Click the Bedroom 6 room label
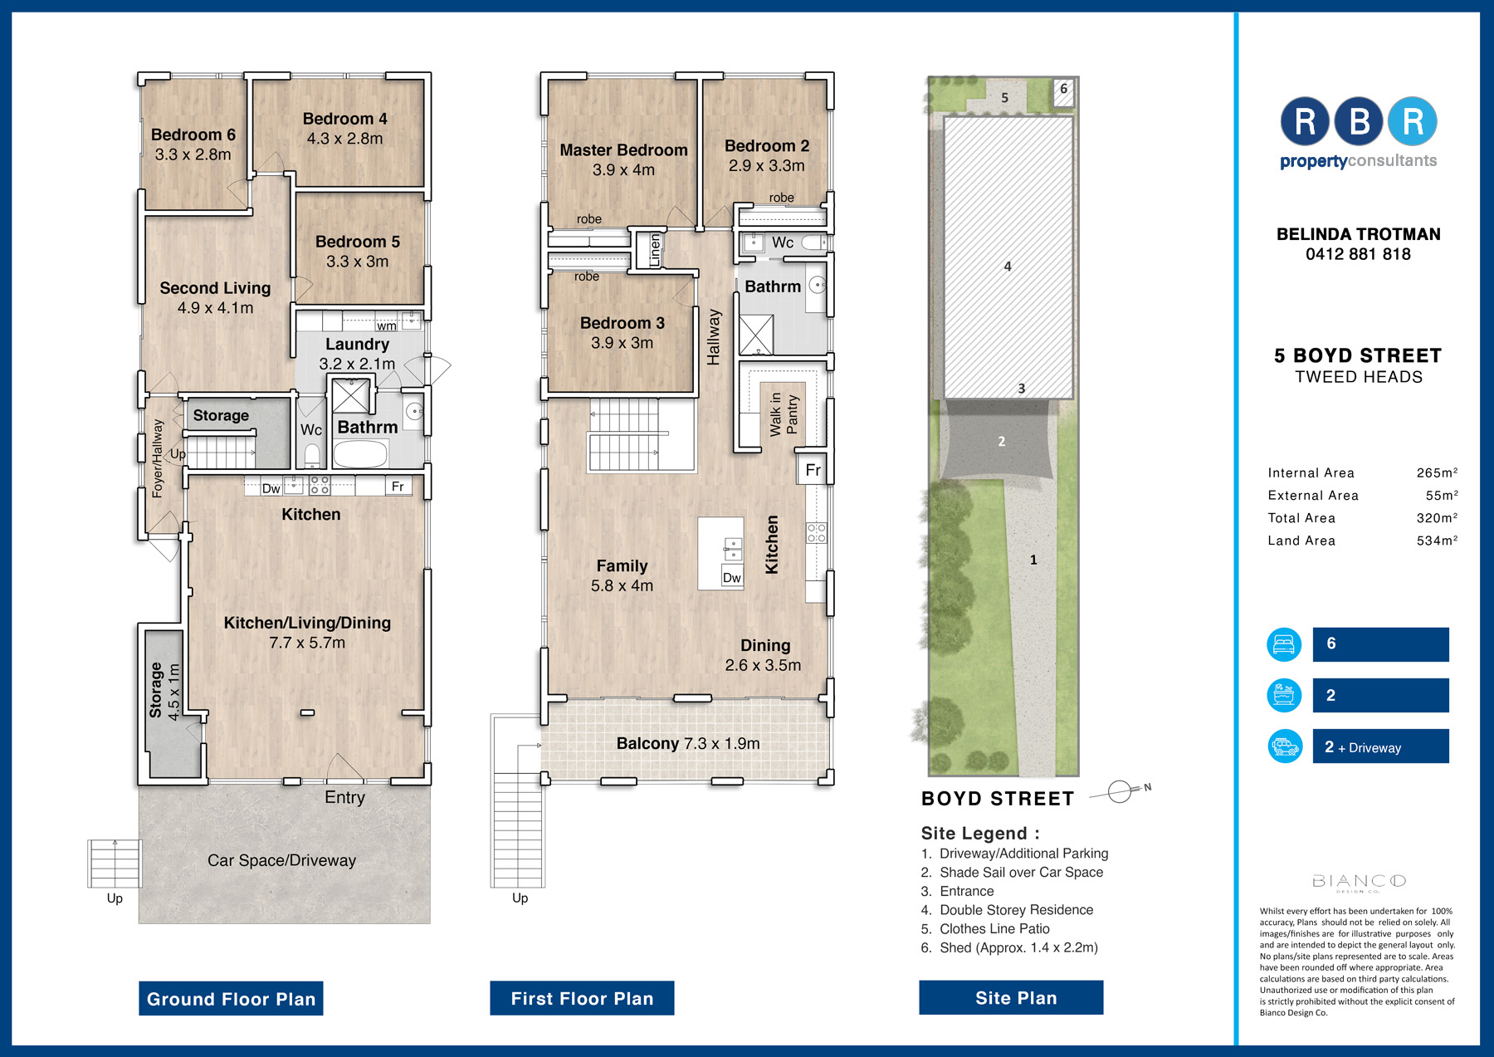[x=193, y=135]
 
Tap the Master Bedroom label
[x=623, y=150]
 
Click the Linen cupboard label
[x=654, y=250]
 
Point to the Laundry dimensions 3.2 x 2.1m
[x=357, y=364]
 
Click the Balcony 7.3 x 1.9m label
[x=688, y=743]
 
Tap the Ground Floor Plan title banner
[x=231, y=999]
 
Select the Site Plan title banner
[x=1011, y=997]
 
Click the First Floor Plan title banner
[x=582, y=998]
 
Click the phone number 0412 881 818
[x=1358, y=254]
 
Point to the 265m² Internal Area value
[x=1437, y=472]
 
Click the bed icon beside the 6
[x=1284, y=644]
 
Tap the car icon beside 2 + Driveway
[x=1285, y=746]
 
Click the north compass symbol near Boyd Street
[x=1120, y=791]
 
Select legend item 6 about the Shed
[x=1009, y=947]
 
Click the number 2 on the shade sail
[x=1002, y=442]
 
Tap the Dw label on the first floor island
[x=732, y=578]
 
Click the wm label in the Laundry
[x=387, y=326]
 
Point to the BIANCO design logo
[x=1359, y=882]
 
